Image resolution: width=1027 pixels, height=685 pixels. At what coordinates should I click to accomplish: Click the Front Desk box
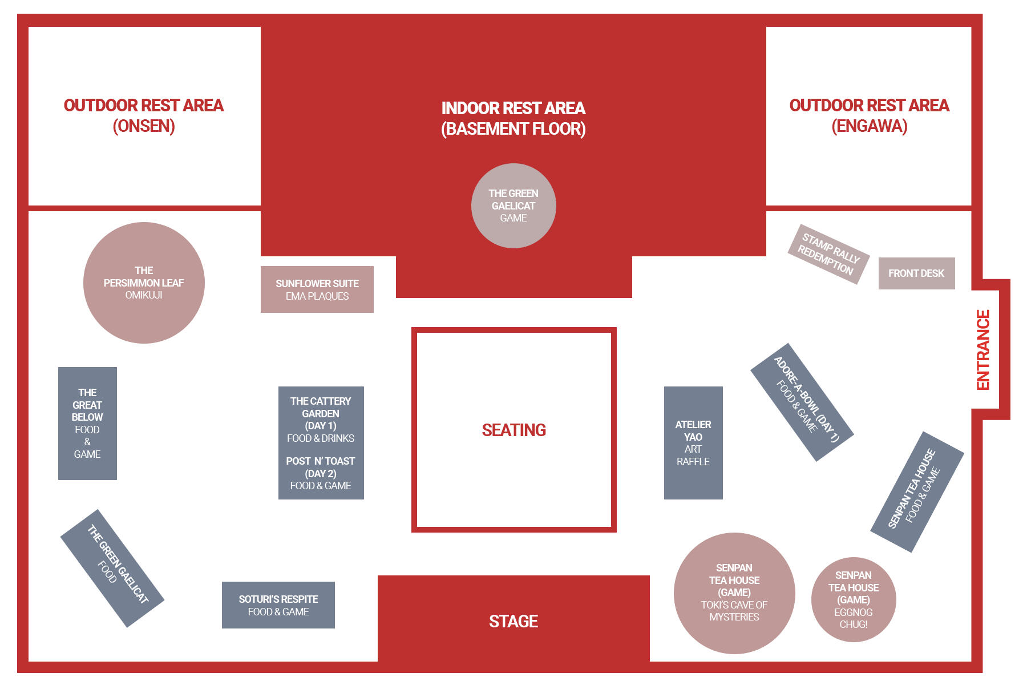(916, 273)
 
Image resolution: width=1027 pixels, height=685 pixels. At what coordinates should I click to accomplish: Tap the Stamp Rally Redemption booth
(828, 254)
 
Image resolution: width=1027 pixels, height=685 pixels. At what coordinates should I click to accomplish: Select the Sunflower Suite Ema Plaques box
(317, 289)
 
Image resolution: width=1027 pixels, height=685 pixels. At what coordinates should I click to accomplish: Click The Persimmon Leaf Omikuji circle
(144, 283)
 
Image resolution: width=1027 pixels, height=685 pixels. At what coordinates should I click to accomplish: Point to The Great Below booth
(87, 424)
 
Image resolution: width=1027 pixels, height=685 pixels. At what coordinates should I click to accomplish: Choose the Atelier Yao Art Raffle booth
(693, 443)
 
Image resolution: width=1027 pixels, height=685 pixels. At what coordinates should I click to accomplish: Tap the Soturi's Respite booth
(278, 605)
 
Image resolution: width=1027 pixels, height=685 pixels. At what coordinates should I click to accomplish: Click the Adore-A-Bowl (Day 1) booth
(802, 402)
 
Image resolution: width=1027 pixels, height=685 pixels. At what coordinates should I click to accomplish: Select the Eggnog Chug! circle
(854, 600)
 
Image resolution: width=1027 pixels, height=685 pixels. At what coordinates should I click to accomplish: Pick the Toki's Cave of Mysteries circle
(734, 593)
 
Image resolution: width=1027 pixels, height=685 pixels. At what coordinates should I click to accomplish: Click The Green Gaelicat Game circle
(513, 206)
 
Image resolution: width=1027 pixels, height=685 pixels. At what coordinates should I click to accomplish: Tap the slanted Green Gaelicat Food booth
(112, 569)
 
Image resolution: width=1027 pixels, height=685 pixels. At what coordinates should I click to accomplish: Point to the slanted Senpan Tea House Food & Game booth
(917, 492)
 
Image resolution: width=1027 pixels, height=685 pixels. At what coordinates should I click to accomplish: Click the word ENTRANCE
(983, 350)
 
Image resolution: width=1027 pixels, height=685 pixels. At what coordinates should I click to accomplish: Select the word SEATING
(514, 430)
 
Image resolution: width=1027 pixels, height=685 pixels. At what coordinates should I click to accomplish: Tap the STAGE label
(513, 621)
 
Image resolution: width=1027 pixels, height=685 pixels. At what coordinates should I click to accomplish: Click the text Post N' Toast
(321, 461)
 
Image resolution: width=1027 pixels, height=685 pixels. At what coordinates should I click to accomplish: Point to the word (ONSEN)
(144, 126)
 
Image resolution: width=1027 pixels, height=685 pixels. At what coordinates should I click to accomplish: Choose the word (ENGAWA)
(870, 126)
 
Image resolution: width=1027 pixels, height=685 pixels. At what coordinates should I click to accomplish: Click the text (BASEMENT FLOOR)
(513, 128)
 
